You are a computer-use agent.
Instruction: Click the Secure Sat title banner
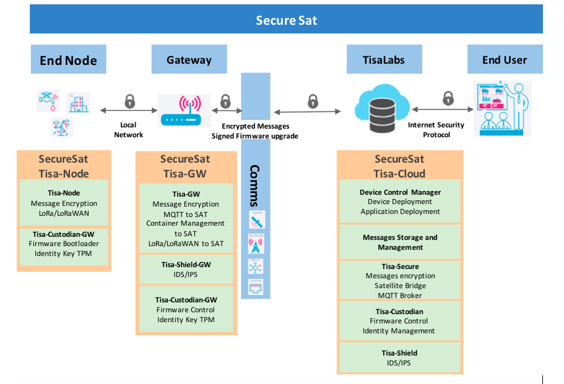286,20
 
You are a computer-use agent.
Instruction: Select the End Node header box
68,59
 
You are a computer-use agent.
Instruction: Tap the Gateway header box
189,59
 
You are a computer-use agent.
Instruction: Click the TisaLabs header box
384,59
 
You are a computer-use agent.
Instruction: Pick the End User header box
505,59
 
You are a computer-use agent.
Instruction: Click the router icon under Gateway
185,110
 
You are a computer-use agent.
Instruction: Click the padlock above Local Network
129,101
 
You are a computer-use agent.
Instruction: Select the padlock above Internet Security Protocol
448,98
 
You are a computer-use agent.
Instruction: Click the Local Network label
129,130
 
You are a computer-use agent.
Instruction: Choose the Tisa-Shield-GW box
186,269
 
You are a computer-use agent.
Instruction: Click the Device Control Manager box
400,202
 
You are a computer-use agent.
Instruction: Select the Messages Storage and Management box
400,242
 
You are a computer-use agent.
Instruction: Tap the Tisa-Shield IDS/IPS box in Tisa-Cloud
400,357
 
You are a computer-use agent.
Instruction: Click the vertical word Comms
255,186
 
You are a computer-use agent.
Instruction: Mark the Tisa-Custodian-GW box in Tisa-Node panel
64,243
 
